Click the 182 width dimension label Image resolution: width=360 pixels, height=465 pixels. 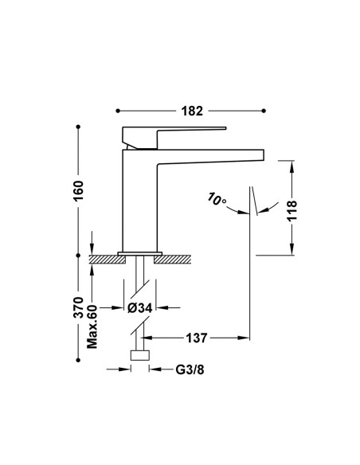[192, 111]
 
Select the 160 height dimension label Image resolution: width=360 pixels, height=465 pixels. [79, 190]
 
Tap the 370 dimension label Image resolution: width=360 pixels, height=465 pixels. [79, 307]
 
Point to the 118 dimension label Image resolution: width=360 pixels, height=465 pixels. [292, 210]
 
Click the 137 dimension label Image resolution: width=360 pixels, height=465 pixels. [196, 338]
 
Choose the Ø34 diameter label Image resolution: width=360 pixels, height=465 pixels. [139, 308]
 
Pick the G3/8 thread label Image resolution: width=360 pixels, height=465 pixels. [190, 369]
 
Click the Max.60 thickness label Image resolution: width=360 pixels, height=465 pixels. [92, 326]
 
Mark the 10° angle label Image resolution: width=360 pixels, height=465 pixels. [217, 199]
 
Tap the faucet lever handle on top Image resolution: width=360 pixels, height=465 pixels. [174, 137]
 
